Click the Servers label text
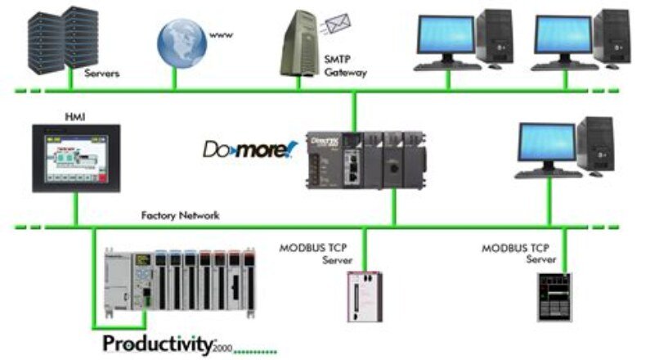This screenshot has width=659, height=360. (102, 73)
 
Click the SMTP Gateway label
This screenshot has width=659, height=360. (346, 65)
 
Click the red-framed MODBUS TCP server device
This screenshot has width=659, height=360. (361, 295)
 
